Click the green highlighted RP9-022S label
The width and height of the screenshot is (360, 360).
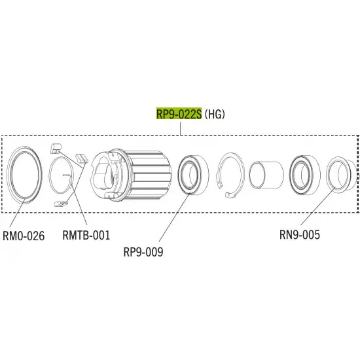point(179,113)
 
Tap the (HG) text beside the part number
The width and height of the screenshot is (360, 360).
point(215,114)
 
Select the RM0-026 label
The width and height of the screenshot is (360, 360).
point(24,236)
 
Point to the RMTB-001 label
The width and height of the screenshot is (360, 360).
point(86,235)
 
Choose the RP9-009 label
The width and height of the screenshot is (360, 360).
point(143,252)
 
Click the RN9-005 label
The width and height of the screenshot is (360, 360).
point(300,234)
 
